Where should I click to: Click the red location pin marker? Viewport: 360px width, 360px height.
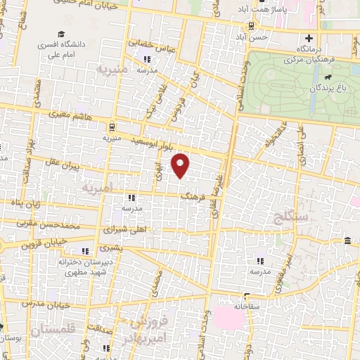[x=181, y=166]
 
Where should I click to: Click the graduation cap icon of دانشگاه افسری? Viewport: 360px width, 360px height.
[x=61, y=34]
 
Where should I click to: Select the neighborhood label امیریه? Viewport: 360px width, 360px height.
[x=97, y=189]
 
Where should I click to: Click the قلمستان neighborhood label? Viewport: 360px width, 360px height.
[x=56, y=330]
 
